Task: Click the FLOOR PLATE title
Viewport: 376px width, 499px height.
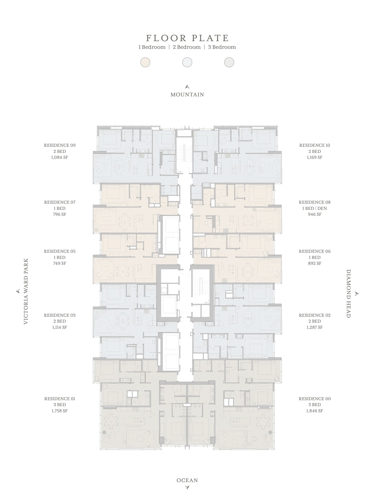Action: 187,38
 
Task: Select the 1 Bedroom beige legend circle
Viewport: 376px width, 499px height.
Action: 145,62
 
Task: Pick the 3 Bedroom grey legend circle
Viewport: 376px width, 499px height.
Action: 229,62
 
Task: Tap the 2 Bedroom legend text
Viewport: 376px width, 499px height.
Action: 187,47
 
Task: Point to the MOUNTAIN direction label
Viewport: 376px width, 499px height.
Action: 187,94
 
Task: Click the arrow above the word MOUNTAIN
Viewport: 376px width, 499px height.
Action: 187,87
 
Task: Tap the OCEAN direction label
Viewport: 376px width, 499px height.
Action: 187,480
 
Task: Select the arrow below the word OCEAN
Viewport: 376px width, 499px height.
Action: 187,488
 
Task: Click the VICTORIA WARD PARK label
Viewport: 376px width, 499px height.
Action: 26,291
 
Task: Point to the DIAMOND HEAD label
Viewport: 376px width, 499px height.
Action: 348,293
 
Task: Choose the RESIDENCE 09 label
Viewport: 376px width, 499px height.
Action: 60,145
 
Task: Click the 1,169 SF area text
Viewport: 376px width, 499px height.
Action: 315,157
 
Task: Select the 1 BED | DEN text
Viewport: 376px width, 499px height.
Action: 315,208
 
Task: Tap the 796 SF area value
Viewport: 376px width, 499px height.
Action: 60,214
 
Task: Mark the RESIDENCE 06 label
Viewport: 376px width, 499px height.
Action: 315,251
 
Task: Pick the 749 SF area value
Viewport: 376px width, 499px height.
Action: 60,263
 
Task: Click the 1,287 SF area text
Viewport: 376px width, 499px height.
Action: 315,327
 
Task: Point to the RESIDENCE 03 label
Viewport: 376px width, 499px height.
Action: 60,315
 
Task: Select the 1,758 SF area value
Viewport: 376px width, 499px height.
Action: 60,411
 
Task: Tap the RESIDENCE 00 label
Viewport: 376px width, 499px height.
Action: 315,399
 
